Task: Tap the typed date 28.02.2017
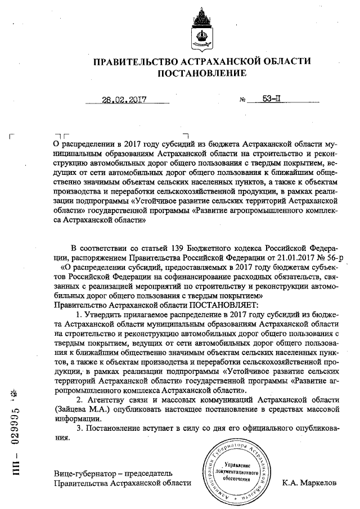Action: click(x=124, y=101)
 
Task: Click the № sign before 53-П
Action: click(x=243, y=101)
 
